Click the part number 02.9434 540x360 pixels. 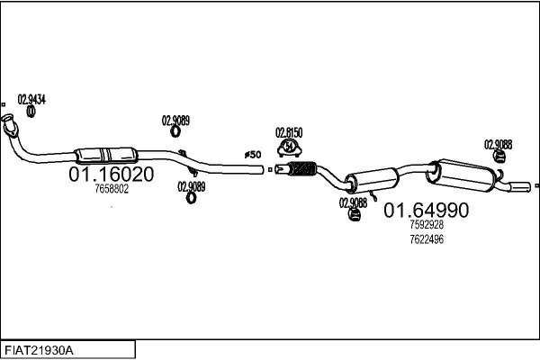(31, 100)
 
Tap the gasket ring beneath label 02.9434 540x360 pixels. (31, 111)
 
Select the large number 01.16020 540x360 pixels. (112, 175)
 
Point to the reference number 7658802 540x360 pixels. (112, 189)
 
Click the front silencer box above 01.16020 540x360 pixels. (106, 155)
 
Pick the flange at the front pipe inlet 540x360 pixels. (9, 125)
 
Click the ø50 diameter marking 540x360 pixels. (253, 155)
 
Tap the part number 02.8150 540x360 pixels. (289, 132)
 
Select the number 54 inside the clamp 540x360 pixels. (289, 146)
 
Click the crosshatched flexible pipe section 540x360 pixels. (301, 168)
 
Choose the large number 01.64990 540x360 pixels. (427, 210)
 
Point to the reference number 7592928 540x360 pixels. (427, 225)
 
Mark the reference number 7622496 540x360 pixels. (427, 239)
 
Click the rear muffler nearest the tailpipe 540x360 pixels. (462, 175)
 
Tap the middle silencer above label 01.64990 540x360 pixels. (372, 179)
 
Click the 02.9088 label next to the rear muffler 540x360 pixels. (498, 145)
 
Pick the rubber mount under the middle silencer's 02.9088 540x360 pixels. (354, 215)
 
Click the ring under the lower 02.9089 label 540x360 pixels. (191, 198)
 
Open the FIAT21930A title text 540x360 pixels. (39, 351)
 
